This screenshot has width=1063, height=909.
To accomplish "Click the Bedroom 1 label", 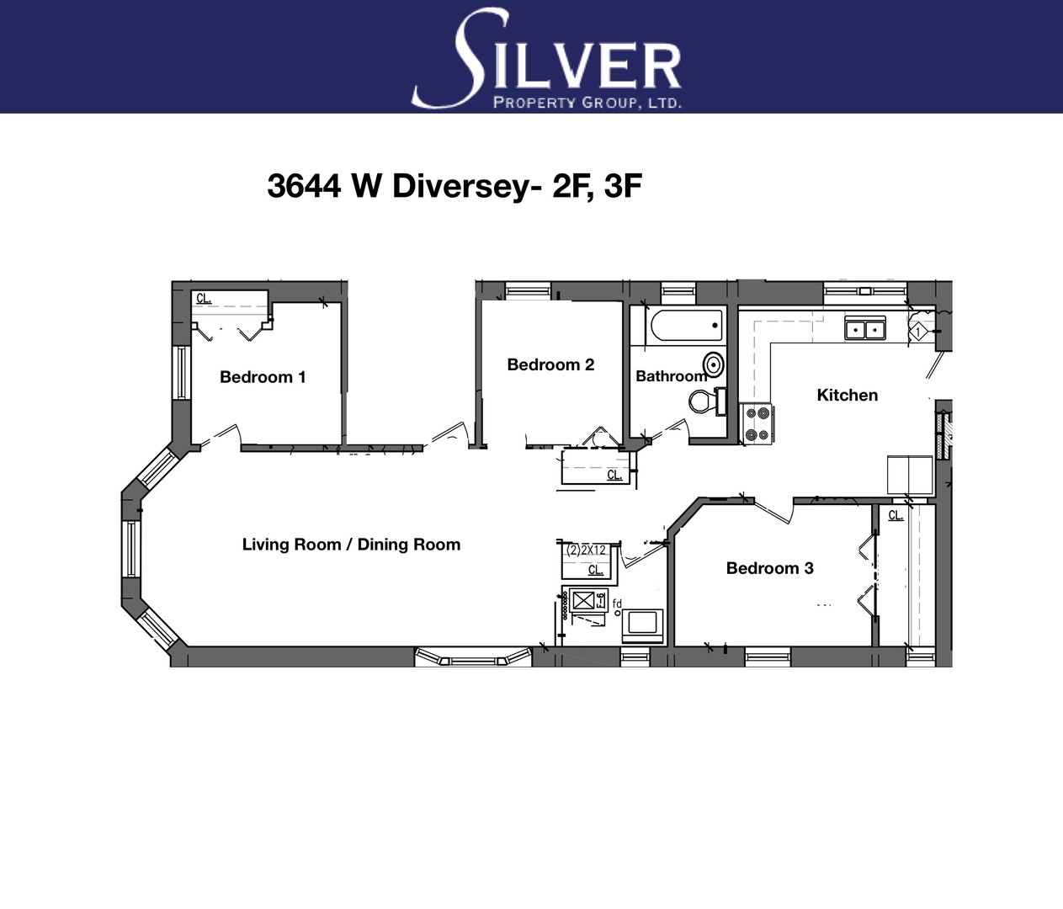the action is click(x=263, y=377).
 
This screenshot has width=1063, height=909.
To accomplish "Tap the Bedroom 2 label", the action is click(x=550, y=364).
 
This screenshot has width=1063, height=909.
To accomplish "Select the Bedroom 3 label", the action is click(x=770, y=568).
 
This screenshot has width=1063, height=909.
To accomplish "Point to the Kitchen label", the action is click(x=848, y=395).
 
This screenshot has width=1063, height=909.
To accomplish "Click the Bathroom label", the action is click(x=672, y=376).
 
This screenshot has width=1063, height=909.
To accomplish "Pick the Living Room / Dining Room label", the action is click(x=351, y=545).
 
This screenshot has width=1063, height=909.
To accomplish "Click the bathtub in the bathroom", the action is click(x=687, y=325).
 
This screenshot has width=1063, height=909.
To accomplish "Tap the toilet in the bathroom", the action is click(x=707, y=401).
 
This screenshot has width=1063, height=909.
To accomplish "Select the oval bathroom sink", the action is click(x=713, y=364).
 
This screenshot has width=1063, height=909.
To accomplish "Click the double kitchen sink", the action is click(x=865, y=328).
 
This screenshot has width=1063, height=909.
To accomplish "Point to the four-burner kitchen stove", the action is click(x=757, y=424).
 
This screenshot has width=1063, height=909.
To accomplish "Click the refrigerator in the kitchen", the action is click(x=910, y=476).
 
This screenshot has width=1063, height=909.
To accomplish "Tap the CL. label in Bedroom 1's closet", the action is click(x=204, y=298).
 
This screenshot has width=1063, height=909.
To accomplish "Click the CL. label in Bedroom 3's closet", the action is click(x=896, y=515).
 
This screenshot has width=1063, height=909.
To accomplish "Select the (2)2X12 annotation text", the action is click(x=587, y=550).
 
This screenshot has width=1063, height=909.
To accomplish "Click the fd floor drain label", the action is click(x=617, y=603).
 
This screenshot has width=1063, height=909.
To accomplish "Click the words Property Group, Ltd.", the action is click(x=587, y=103).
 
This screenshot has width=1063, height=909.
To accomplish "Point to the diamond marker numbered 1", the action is click(x=918, y=332).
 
